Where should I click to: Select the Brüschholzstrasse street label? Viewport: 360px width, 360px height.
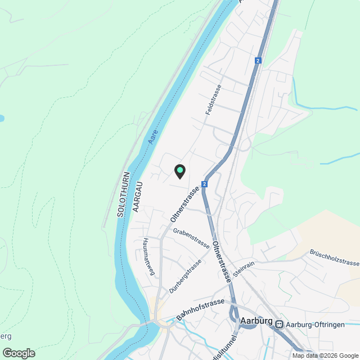coord(334,258)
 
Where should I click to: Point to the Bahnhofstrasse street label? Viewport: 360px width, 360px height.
coord(200,309)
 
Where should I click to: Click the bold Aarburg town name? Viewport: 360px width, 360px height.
coord(256,321)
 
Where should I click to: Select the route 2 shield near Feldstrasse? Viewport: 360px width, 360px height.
coord(258,61)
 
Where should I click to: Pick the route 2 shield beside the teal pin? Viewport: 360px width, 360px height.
coord(204,184)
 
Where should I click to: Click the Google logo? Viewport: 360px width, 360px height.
coord(19,353)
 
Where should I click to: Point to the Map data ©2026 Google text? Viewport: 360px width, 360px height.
coord(325,355)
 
